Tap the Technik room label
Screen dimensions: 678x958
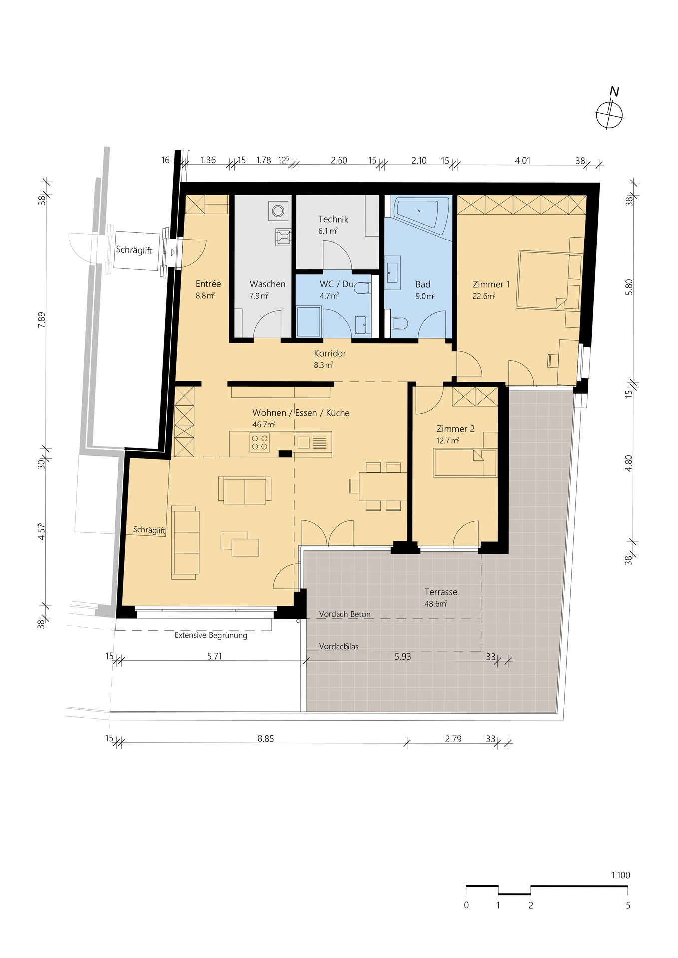point(333,219)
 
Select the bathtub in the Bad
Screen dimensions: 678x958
point(422,216)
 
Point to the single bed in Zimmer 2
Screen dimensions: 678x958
point(465,463)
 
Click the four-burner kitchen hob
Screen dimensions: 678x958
point(260,442)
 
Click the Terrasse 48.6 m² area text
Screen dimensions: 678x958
point(441,598)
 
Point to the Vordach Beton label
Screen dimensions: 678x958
point(345,614)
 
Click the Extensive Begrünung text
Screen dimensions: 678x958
point(211,635)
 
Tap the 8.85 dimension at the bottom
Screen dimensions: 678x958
point(266,739)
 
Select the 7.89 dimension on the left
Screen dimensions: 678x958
point(42,319)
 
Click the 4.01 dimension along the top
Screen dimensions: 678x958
point(522,160)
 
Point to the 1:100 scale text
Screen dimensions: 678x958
point(621,875)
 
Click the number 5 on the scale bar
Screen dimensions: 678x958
point(628,905)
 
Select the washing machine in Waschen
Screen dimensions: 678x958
point(278,211)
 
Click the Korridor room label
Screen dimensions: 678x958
point(330,353)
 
